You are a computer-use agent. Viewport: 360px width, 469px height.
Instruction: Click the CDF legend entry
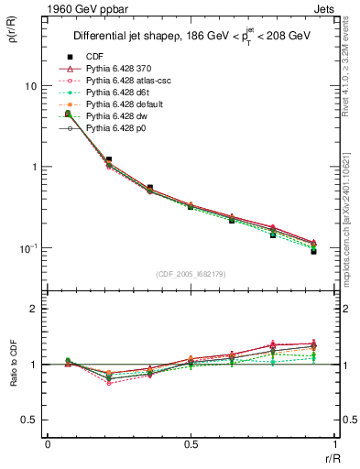coord(93,56)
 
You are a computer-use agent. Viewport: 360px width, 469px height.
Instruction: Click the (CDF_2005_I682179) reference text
coord(191,273)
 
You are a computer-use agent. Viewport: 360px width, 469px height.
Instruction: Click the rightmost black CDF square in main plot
coord(313,251)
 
